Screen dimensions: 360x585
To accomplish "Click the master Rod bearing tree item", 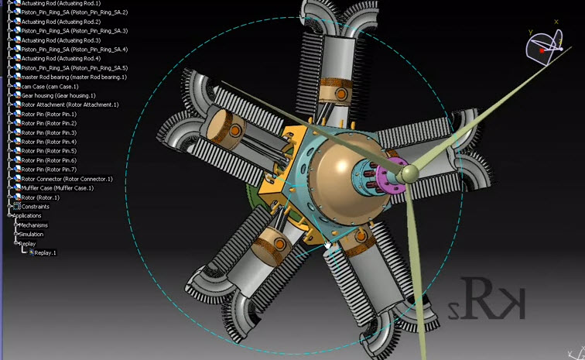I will [x=74, y=77].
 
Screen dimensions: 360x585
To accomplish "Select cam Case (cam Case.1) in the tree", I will [x=50, y=86].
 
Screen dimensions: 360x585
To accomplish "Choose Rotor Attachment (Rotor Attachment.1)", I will [x=70, y=105].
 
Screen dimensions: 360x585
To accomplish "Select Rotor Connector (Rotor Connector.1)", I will [x=67, y=179].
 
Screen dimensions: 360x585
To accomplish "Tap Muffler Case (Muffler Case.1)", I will [x=57, y=188].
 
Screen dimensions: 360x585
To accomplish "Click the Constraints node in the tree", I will [x=35, y=207].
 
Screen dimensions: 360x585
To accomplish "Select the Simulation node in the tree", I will [x=32, y=234].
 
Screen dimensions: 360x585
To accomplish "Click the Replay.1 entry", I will [x=45, y=252].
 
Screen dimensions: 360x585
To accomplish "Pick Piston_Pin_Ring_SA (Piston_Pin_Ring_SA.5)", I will [x=74, y=67].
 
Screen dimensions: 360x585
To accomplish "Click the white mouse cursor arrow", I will [x=328, y=245].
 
